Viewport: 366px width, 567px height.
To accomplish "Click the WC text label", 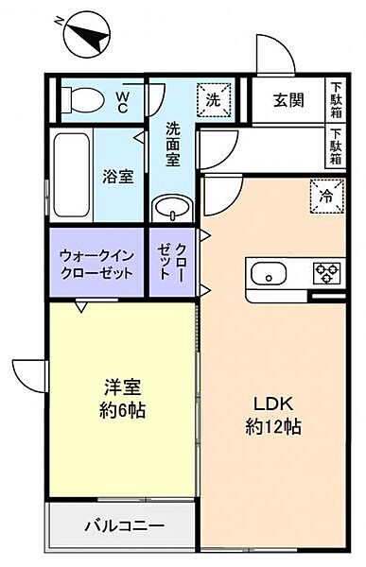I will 124,99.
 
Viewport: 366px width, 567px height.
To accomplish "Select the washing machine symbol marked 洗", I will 214,97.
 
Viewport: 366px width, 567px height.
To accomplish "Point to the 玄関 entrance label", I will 288,98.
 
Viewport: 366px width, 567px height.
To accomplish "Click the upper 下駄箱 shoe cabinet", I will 336,97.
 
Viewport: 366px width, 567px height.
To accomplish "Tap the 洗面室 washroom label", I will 173,143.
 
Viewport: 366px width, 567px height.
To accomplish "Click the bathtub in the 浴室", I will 69,176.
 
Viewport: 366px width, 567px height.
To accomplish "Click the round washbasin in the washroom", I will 171,207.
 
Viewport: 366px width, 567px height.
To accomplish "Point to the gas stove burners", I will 327,274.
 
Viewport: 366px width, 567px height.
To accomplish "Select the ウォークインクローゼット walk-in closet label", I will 97,263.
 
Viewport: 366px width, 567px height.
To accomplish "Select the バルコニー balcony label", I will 124,524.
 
